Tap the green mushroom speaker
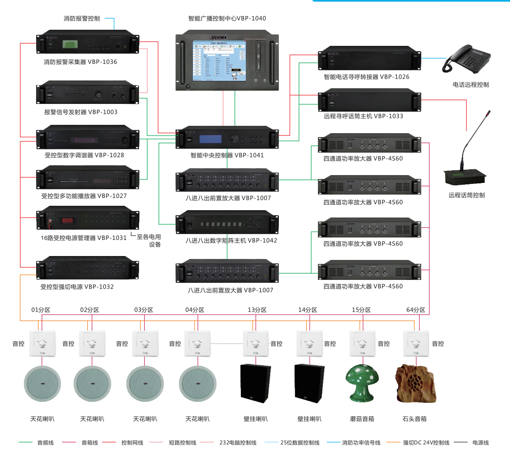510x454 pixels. [361, 383]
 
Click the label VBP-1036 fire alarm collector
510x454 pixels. [80, 62]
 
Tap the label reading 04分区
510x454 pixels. [195, 310]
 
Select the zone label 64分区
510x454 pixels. [415, 310]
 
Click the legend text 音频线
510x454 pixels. [45, 443]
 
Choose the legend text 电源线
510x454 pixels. [480, 443]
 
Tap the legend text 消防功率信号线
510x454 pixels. [361, 443]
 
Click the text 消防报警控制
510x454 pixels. [82, 19]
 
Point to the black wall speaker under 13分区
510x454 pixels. [255, 383]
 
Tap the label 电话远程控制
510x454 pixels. [471, 85]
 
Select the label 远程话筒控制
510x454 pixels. [467, 195]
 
